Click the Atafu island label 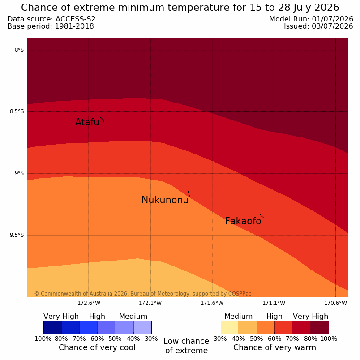click(87, 122)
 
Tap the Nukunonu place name click(165, 200)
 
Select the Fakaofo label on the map click(243, 221)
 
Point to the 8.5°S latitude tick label click(17, 111)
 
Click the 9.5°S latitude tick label click(17, 235)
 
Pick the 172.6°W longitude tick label click(89, 303)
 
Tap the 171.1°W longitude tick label click(274, 303)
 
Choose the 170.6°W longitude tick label click(335, 303)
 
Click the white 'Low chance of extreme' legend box click(186, 327)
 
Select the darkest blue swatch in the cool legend click(52, 327)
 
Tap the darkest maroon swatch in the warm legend click(320, 327)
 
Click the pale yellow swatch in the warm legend click(230, 327)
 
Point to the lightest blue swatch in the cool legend click(142, 327)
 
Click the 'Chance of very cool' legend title click(97, 347)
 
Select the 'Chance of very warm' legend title click(274, 347)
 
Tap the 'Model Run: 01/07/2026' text click(311, 19)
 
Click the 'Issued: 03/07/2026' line click(318, 26)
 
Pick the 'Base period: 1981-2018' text click(51, 26)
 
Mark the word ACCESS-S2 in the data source click(76, 19)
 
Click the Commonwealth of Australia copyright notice click(143, 294)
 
